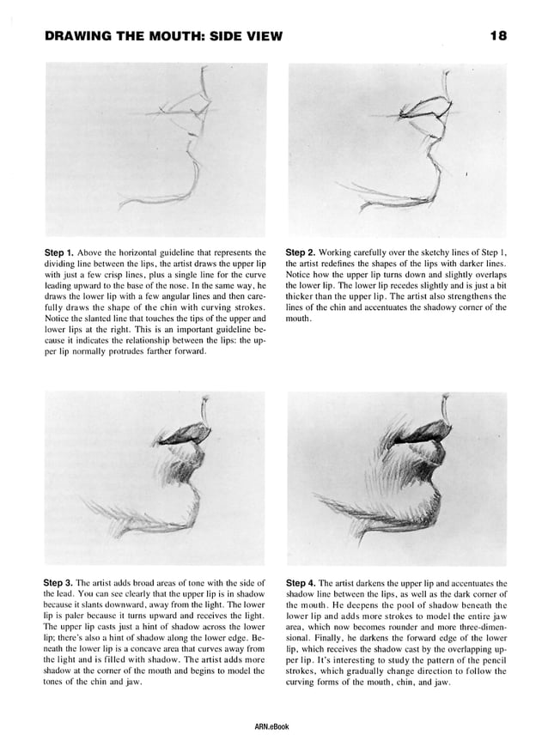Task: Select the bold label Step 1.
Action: click(x=58, y=252)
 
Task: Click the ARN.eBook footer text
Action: click(x=272, y=726)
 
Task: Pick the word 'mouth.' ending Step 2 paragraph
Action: click(x=298, y=319)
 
